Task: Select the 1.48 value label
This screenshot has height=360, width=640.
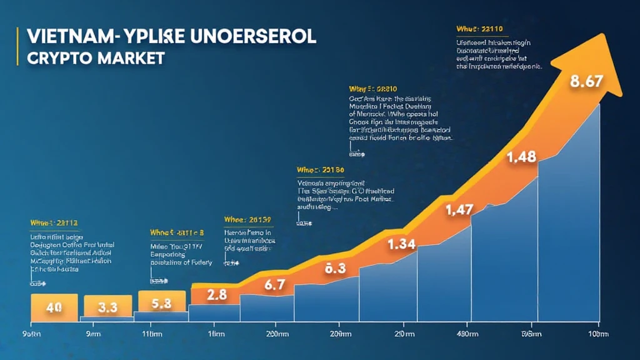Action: point(522,156)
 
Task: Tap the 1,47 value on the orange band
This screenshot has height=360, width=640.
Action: point(458,211)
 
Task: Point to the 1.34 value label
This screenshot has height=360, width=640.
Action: point(401,244)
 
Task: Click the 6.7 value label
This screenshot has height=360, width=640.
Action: point(275,285)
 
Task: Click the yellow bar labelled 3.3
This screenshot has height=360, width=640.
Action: point(107,307)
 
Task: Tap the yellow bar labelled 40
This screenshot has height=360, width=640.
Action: point(54,307)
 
